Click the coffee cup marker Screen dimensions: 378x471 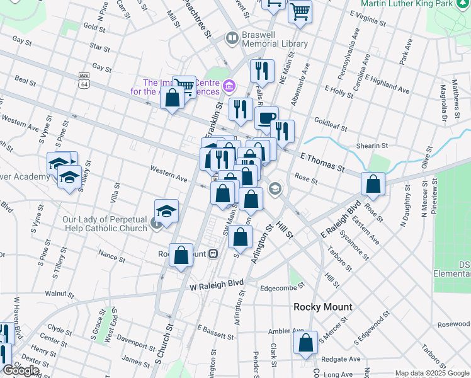[x=266, y=118]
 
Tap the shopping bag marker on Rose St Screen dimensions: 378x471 [x=373, y=184]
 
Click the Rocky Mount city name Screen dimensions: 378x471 [x=322, y=307]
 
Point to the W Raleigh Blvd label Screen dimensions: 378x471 [x=217, y=285]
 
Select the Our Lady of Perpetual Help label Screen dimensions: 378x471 [x=105, y=224]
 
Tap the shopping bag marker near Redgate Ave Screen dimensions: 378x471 [x=306, y=343]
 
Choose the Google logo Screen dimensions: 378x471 [x=20, y=370]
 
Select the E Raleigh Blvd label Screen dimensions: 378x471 [x=340, y=217]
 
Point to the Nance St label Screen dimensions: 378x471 [x=112, y=256]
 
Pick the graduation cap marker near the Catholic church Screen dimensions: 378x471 [x=166, y=212]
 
